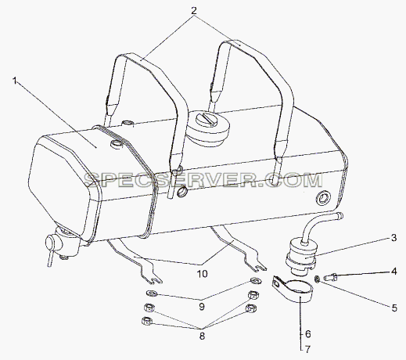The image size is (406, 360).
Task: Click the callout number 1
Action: pyautogui.click(x=16, y=81)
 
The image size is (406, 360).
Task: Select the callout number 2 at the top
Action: pyautogui.click(x=194, y=11)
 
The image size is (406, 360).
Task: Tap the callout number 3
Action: pyautogui.click(x=393, y=238)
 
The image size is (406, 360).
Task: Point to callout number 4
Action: pyautogui.click(x=393, y=272)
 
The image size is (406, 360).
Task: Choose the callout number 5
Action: pyautogui.click(x=394, y=308)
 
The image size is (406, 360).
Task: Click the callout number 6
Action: pyautogui.click(x=308, y=334)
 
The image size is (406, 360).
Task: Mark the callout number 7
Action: pyautogui.click(x=308, y=349)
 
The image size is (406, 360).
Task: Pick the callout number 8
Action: pyautogui.click(x=202, y=336)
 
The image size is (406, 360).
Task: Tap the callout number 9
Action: pyautogui.click(x=201, y=307)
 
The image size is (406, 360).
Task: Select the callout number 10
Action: pyautogui.click(x=203, y=274)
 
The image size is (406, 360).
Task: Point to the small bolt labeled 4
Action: pyautogui.click(x=331, y=277)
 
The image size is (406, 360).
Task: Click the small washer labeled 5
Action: pyautogui.click(x=318, y=279)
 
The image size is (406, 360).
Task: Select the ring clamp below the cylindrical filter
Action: pyautogui.click(x=293, y=289)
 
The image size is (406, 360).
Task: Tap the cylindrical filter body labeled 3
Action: pyautogui.click(x=301, y=256)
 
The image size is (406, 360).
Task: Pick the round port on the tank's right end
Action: pyautogui.click(x=323, y=200)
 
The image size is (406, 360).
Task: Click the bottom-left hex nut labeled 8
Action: pyautogui.click(x=146, y=321)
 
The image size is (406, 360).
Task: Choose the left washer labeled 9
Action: pyautogui.click(x=152, y=293)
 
